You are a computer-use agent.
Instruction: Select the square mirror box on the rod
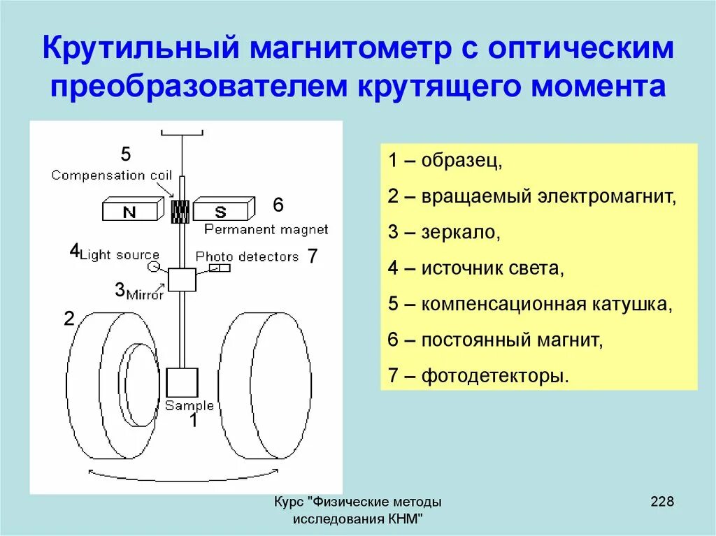tap(181, 280)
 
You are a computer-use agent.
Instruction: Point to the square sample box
tap(182, 382)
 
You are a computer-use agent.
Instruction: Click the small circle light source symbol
tap(154, 268)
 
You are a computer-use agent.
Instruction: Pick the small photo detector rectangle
tap(220, 268)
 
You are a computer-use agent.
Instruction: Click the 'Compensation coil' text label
tap(111, 175)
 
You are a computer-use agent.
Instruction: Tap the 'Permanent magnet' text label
tap(266, 229)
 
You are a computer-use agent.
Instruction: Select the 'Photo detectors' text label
tap(247, 256)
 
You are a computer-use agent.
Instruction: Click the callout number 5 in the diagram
tap(125, 154)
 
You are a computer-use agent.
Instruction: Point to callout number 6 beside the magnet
tap(278, 205)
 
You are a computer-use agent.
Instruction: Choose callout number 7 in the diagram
tap(313, 256)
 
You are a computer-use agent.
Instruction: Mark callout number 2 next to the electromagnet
tap(69, 319)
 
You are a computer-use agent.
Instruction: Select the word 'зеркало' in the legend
tap(460, 232)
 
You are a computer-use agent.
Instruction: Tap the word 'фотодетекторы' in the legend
tap(495, 377)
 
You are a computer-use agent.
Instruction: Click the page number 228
tap(661, 501)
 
